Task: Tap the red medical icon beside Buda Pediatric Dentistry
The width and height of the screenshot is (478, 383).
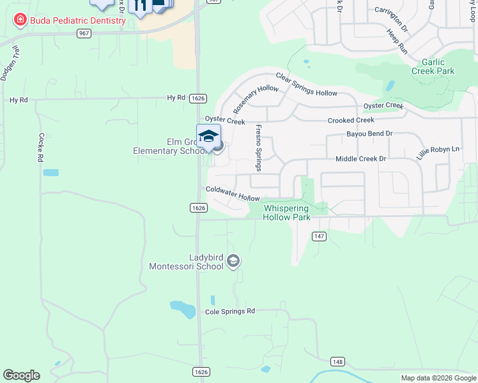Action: point(20,20)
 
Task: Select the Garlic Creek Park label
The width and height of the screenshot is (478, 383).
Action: point(438,66)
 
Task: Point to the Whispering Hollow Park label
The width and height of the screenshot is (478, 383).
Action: point(286,213)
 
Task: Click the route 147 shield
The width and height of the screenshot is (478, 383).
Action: point(320,236)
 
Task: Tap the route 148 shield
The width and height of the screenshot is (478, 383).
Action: point(338,362)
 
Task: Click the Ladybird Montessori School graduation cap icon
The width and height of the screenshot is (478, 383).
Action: point(234,261)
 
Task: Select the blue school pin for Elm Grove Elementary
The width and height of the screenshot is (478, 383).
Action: point(208,137)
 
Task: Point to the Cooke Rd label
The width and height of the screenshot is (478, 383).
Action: point(40,147)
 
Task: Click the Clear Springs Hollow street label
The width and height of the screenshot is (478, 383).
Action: point(306,84)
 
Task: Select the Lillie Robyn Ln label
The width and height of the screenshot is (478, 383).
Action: point(438,153)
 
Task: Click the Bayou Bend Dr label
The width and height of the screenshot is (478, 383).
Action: point(369,134)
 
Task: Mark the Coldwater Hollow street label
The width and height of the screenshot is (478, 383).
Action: point(233,193)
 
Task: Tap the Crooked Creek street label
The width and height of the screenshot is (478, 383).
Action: point(351,120)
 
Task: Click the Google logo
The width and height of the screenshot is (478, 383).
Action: point(21,375)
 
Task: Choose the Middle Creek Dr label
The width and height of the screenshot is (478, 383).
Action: point(361,158)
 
